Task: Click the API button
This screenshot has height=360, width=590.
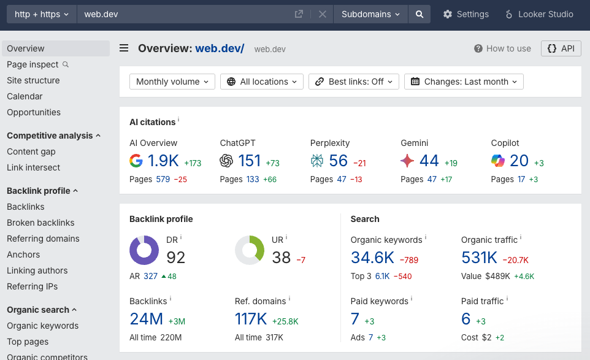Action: pos(561,48)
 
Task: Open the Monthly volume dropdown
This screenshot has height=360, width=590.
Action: pos(172,82)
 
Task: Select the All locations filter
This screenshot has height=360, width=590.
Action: pos(262,82)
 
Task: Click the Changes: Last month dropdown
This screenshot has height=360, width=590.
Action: pos(464,82)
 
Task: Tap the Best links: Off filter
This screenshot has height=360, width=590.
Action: pos(354,82)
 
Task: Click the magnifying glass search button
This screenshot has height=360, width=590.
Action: pos(419,14)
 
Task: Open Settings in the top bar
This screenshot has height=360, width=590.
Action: pos(466,14)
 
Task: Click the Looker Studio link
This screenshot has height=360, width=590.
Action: pos(539,14)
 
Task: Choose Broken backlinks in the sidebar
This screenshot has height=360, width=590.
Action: pos(40,223)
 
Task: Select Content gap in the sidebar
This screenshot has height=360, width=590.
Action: pos(31,151)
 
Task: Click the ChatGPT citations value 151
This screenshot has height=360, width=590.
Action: pos(249,161)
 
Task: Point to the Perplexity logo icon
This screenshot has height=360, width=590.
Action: pos(317,161)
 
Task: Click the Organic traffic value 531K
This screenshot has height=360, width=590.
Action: pos(479,258)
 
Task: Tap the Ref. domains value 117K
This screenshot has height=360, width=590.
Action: pos(251,319)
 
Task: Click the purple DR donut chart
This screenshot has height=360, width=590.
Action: pos(144,250)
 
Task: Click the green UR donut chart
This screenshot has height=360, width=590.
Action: pos(250,250)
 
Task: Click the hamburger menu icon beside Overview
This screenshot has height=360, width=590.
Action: pos(124,48)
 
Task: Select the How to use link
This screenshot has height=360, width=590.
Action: pos(502,48)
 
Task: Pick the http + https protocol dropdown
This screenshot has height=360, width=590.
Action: pos(42,14)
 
